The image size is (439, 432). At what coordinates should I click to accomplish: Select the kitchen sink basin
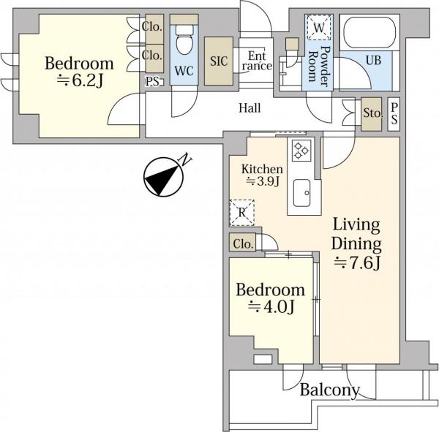point(301,193)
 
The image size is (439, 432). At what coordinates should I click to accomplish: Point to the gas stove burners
point(301,151)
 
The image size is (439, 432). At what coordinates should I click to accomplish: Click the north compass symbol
point(165,175)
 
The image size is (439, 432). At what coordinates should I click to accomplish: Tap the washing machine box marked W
point(319,28)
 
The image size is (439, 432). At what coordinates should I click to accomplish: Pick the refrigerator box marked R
point(241,213)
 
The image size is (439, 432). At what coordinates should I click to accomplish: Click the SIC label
point(219,61)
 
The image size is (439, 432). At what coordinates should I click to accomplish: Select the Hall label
point(249,108)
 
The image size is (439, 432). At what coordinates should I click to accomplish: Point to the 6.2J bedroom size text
point(80,80)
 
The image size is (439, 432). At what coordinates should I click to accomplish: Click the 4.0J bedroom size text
point(271,307)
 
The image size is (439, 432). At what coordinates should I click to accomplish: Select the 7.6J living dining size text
point(357,263)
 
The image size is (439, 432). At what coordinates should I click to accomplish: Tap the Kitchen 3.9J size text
point(263,182)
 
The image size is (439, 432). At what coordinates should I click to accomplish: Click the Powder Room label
point(319,67)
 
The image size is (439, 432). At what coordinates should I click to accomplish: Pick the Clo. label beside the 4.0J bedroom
point(244,244)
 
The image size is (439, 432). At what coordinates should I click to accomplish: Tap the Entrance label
point(257,61)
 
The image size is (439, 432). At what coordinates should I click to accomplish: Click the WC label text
point(184,71)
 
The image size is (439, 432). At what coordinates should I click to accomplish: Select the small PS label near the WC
point(152,82)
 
